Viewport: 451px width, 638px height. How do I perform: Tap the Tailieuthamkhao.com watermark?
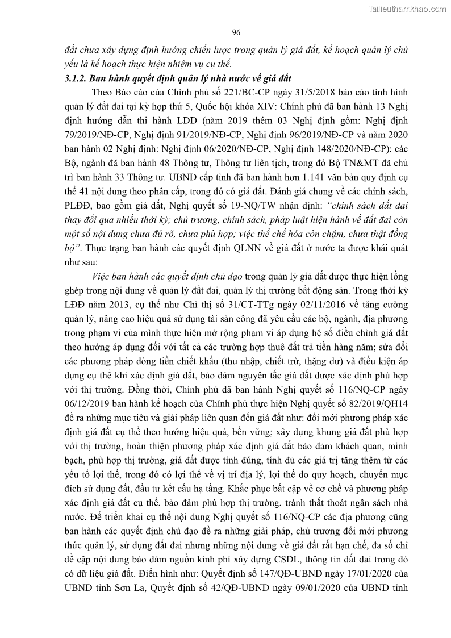[x=408, y=9]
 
